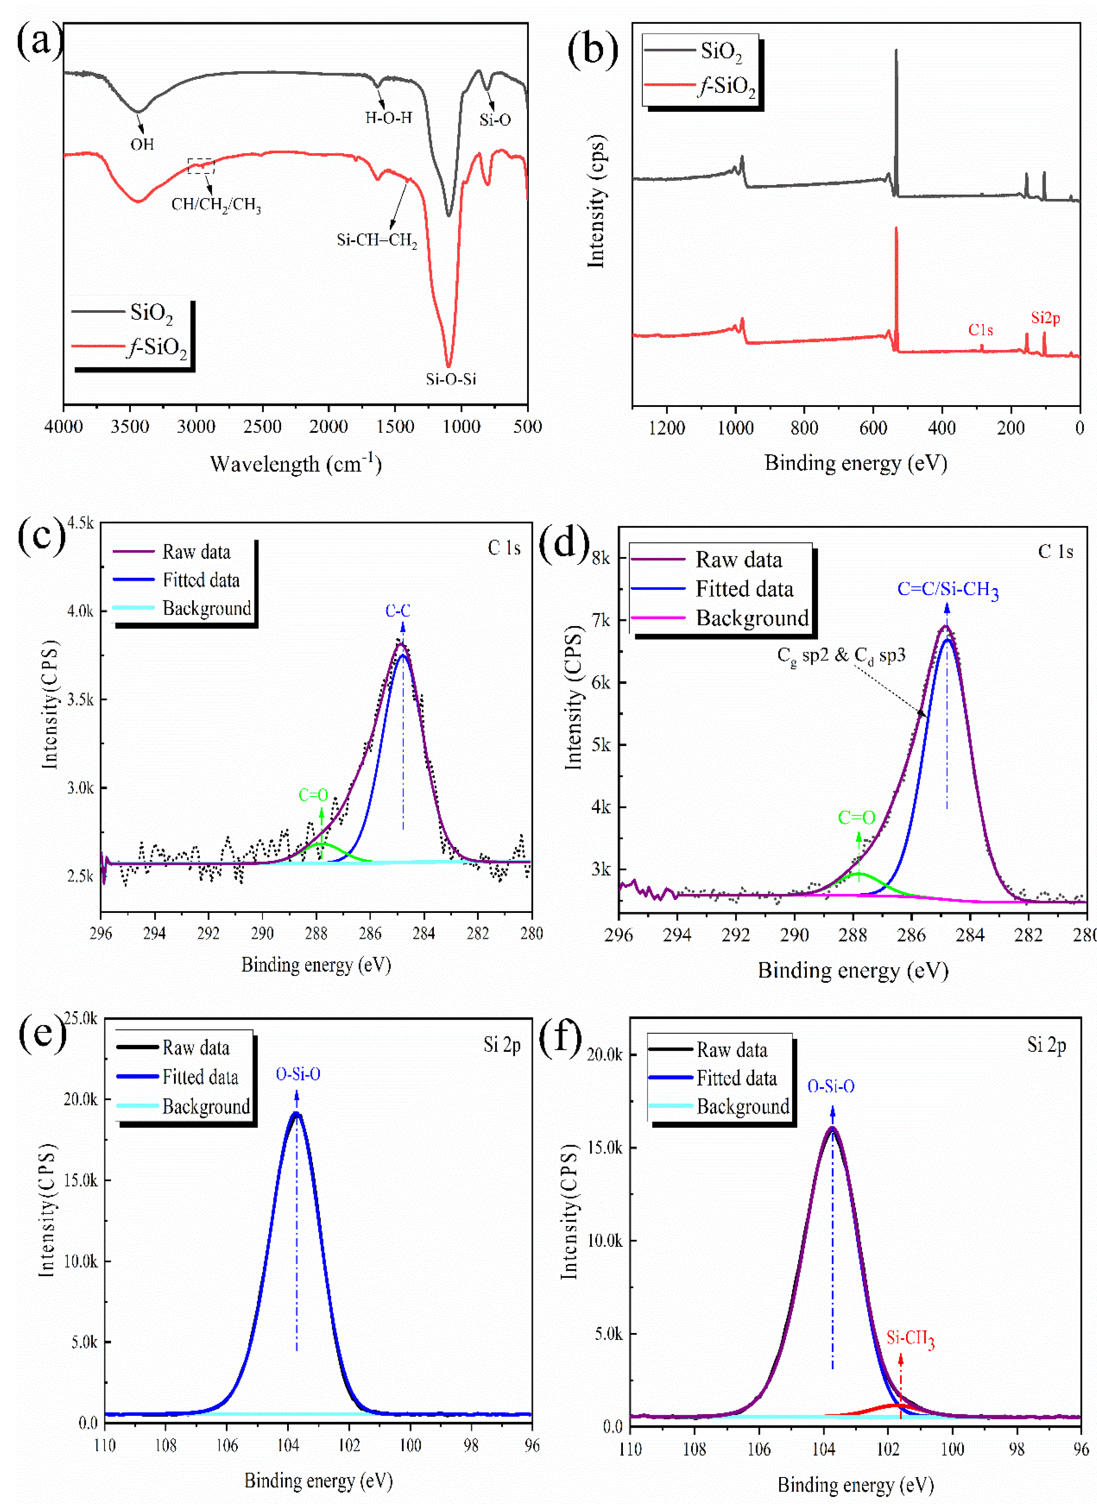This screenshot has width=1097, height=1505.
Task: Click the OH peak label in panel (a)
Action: tap(141, 144)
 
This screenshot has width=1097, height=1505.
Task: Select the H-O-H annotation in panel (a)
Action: tap(389, 117)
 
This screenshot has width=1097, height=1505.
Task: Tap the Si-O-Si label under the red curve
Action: tap(451, 379)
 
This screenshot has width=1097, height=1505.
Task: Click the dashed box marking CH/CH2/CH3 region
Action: tap(201, 166)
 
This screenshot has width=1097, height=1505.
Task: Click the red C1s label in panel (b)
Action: tap(980, 330)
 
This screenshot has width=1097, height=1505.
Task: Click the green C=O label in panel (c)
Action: tap(313, 795)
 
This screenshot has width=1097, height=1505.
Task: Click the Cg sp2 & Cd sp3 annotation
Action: tap(841, 656)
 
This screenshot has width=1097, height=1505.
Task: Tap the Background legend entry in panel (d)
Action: tap(752, 618)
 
